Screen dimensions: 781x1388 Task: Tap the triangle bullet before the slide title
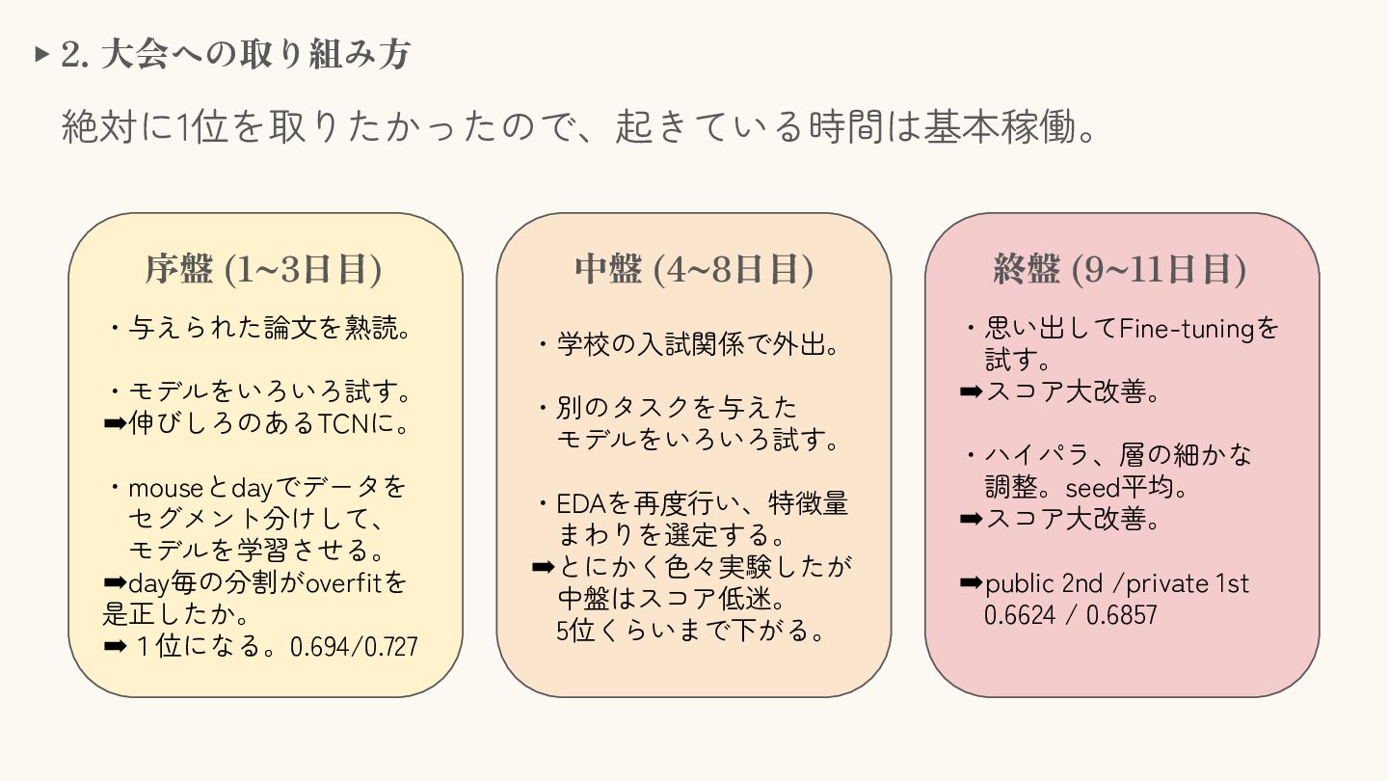[x=40, y=54]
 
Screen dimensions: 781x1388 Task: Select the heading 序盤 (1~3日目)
[x=263, y=270]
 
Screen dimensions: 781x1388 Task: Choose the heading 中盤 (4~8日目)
[x=694, y=270]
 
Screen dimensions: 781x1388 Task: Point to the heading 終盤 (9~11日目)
[x=1120, y=270]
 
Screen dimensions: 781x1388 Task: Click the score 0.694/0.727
[x=354, y=646]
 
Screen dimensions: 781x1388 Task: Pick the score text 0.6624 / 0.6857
[x=1070, y=615]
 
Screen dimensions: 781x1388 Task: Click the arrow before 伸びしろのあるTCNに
[x=115, y=423]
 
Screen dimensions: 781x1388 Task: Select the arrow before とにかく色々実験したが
[x=543, y=566]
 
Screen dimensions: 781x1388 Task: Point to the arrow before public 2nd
[x=971, y=583]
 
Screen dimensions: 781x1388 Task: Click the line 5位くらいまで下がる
[x=690, y=632]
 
